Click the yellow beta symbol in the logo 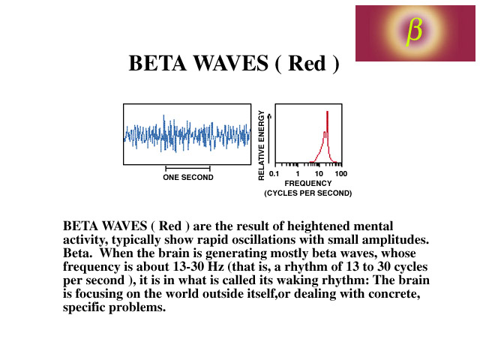point(414,31)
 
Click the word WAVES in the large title point(231,63)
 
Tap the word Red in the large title point(307,63)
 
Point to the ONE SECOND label point(188,178)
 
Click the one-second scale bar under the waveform point(188,168)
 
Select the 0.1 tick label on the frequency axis point(274,174)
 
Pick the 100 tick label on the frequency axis point(341,174)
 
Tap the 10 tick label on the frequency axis point(319,174)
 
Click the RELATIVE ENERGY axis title point(261,145)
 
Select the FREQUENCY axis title point(308,183)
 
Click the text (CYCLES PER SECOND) point(308,193)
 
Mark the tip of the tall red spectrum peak point(327,112)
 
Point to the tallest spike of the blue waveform point(163,115)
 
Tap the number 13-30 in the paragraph point(188,267)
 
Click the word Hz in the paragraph point(215,267)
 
